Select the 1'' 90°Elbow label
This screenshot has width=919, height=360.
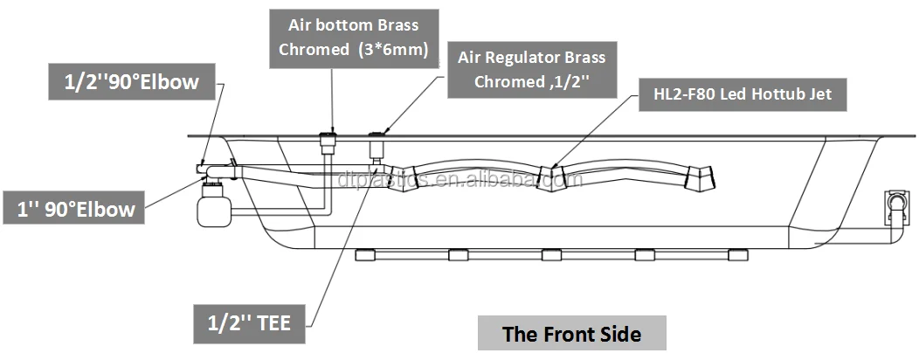click(77, 210)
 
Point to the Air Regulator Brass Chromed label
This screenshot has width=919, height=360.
click(531, 69)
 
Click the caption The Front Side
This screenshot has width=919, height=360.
click(571, 334)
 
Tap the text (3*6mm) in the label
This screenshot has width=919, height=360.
click(392, 50)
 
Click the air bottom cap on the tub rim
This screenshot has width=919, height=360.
click(329, 142)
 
